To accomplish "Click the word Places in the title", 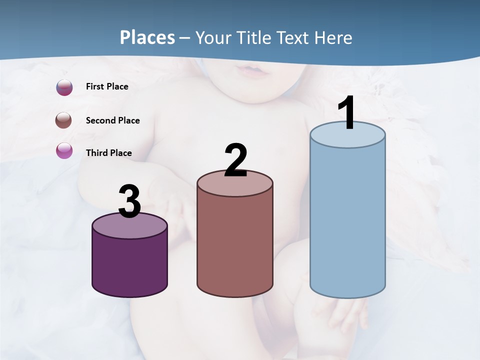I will coord(147,37).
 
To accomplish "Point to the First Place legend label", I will coord(107,86).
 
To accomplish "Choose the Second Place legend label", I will coord(112,120).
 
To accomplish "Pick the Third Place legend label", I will coord(108,153).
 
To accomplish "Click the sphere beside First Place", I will coord(64,87).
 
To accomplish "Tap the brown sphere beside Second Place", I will coord(64,120).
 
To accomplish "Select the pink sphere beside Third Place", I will coord(64,150).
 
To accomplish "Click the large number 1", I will coord(346,113).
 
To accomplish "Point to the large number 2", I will coord(235,160).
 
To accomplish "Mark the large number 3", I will coord(129,202).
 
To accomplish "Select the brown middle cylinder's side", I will coord(235,245).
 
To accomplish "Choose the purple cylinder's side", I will coord(129,265).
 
